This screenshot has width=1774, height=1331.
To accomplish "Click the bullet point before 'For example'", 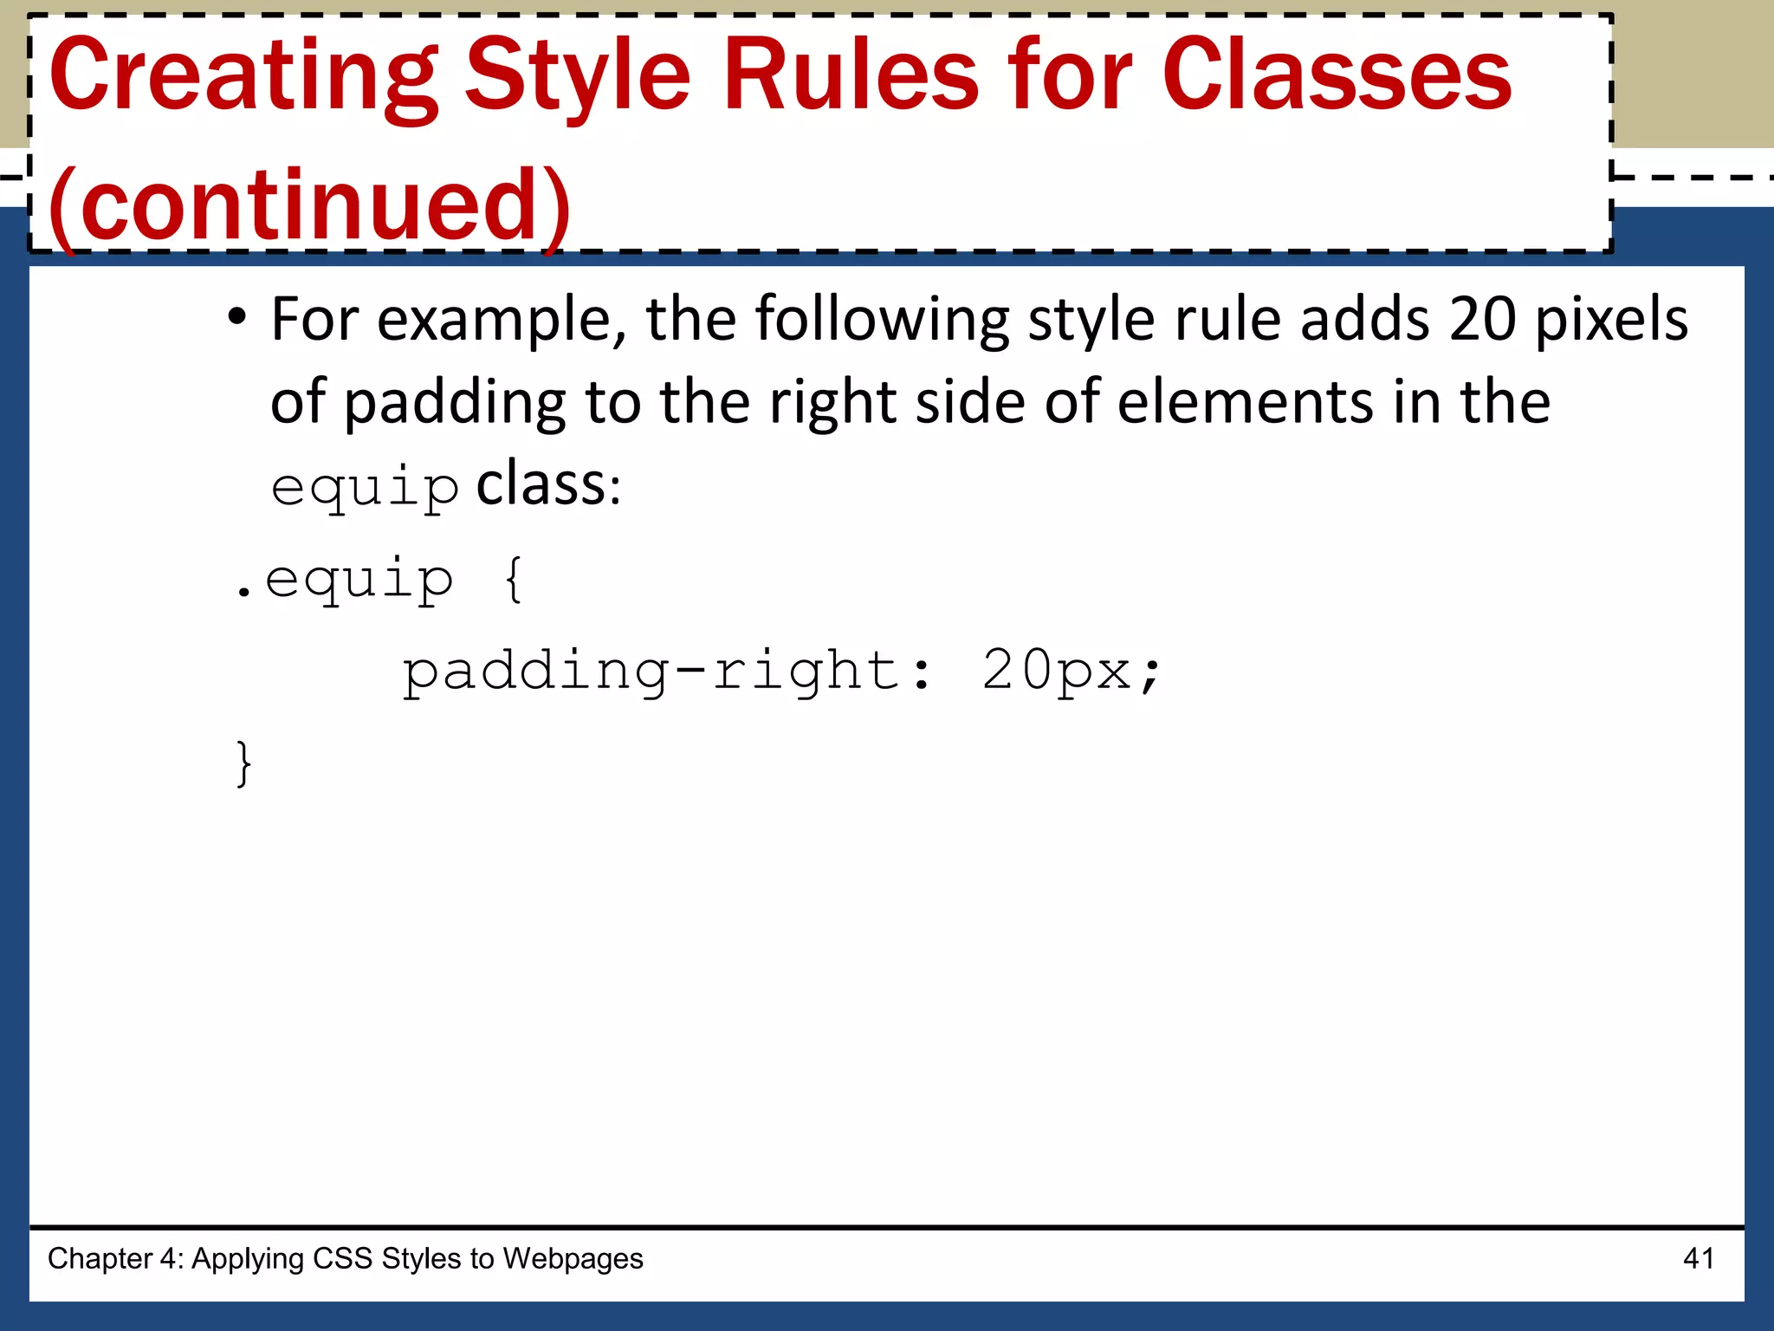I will click(x=236, y=317).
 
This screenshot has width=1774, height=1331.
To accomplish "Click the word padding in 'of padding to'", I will click(x=455, y=404).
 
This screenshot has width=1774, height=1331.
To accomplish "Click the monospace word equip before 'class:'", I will click(x=365, y=488).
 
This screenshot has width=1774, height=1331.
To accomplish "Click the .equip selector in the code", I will click(x=344, y=580).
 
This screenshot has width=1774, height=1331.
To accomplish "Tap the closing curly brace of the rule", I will click(x=244, y=763).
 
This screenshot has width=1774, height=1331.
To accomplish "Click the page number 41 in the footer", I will click(x=1698, y=1258).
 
